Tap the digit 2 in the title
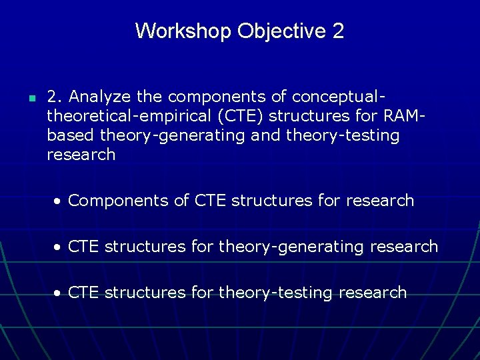tap(337, 31)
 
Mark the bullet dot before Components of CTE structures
tap(59, 201)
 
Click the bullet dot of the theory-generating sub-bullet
tap(59, 247)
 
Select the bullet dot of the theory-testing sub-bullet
tap(59, 293)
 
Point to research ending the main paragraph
tap(81, 155)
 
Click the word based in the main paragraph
tap(71, 135)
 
